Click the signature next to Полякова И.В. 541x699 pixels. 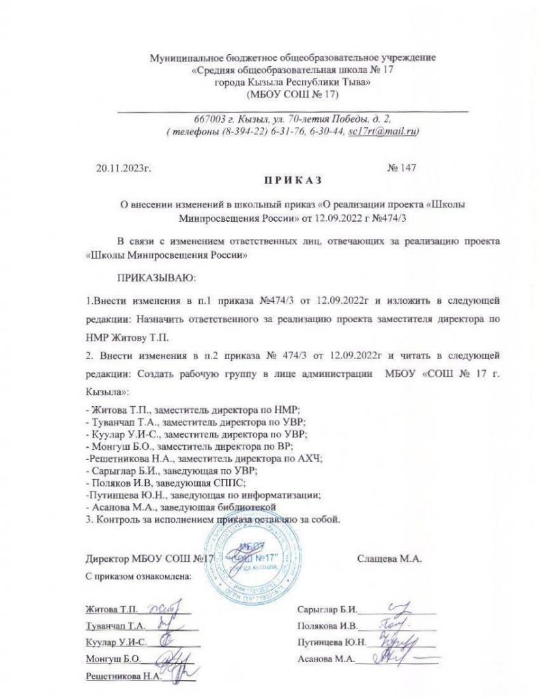(388, 625)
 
